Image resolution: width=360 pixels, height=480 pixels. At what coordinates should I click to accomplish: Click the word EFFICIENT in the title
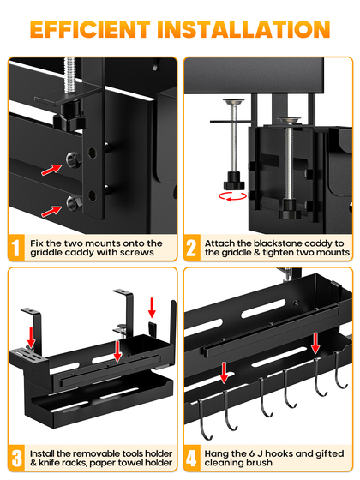(90, 29)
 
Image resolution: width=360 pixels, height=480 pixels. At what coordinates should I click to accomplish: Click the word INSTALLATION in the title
(243, 29)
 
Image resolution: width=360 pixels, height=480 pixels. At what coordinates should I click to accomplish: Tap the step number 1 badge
(16, 248)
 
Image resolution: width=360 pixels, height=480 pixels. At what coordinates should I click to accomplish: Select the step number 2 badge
(192, 248)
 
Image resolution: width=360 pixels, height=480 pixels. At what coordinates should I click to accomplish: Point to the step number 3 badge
(16, 459)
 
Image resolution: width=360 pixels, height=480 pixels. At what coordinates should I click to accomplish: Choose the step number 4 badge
(192, 459)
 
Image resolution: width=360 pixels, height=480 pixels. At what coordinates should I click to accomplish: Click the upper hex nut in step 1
(73, 159)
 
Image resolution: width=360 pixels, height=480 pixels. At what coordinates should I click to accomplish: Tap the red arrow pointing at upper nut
(51, 170)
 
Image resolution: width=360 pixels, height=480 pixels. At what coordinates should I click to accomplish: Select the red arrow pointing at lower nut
(51, 211)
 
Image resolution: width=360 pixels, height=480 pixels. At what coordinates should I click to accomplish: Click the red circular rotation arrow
(232, 197)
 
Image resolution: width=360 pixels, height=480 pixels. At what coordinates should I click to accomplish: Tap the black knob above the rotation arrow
(234, 181)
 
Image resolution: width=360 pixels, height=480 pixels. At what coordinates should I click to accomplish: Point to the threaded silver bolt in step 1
(69, 76)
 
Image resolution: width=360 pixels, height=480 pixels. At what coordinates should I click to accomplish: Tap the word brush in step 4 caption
(260, 462)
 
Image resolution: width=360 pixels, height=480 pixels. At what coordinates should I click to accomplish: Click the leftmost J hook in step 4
(205, 420)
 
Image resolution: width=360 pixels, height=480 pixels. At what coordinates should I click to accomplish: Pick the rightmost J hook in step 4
(339, 370)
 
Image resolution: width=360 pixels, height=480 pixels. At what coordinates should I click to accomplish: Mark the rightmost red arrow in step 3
(152, 308)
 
